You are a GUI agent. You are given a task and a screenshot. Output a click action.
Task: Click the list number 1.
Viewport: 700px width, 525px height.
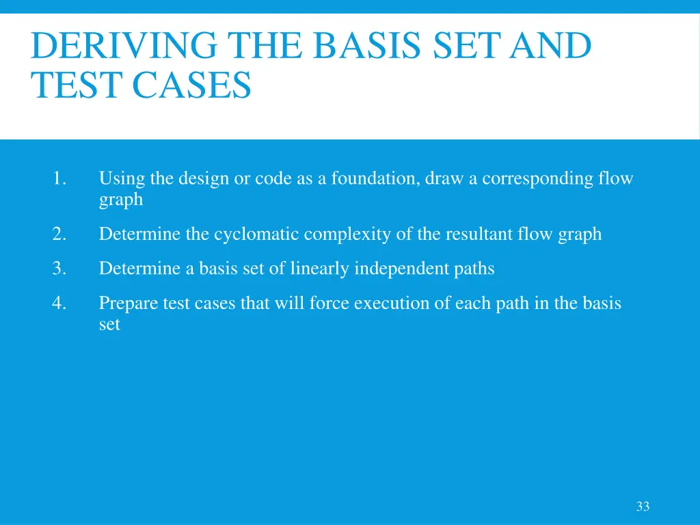59,179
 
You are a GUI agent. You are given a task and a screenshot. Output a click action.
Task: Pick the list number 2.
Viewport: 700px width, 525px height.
59,234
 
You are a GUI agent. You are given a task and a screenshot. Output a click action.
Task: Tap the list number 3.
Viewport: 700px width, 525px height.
59,269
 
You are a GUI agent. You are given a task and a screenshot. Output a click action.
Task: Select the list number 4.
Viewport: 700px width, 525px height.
59,303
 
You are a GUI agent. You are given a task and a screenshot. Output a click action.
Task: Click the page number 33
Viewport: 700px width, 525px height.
643,507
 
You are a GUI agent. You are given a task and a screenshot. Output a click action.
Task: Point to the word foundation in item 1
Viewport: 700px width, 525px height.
375,179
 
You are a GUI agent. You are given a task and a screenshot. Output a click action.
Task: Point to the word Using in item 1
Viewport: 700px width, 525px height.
122,179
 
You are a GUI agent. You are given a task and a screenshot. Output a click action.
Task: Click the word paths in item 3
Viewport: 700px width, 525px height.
474,269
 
